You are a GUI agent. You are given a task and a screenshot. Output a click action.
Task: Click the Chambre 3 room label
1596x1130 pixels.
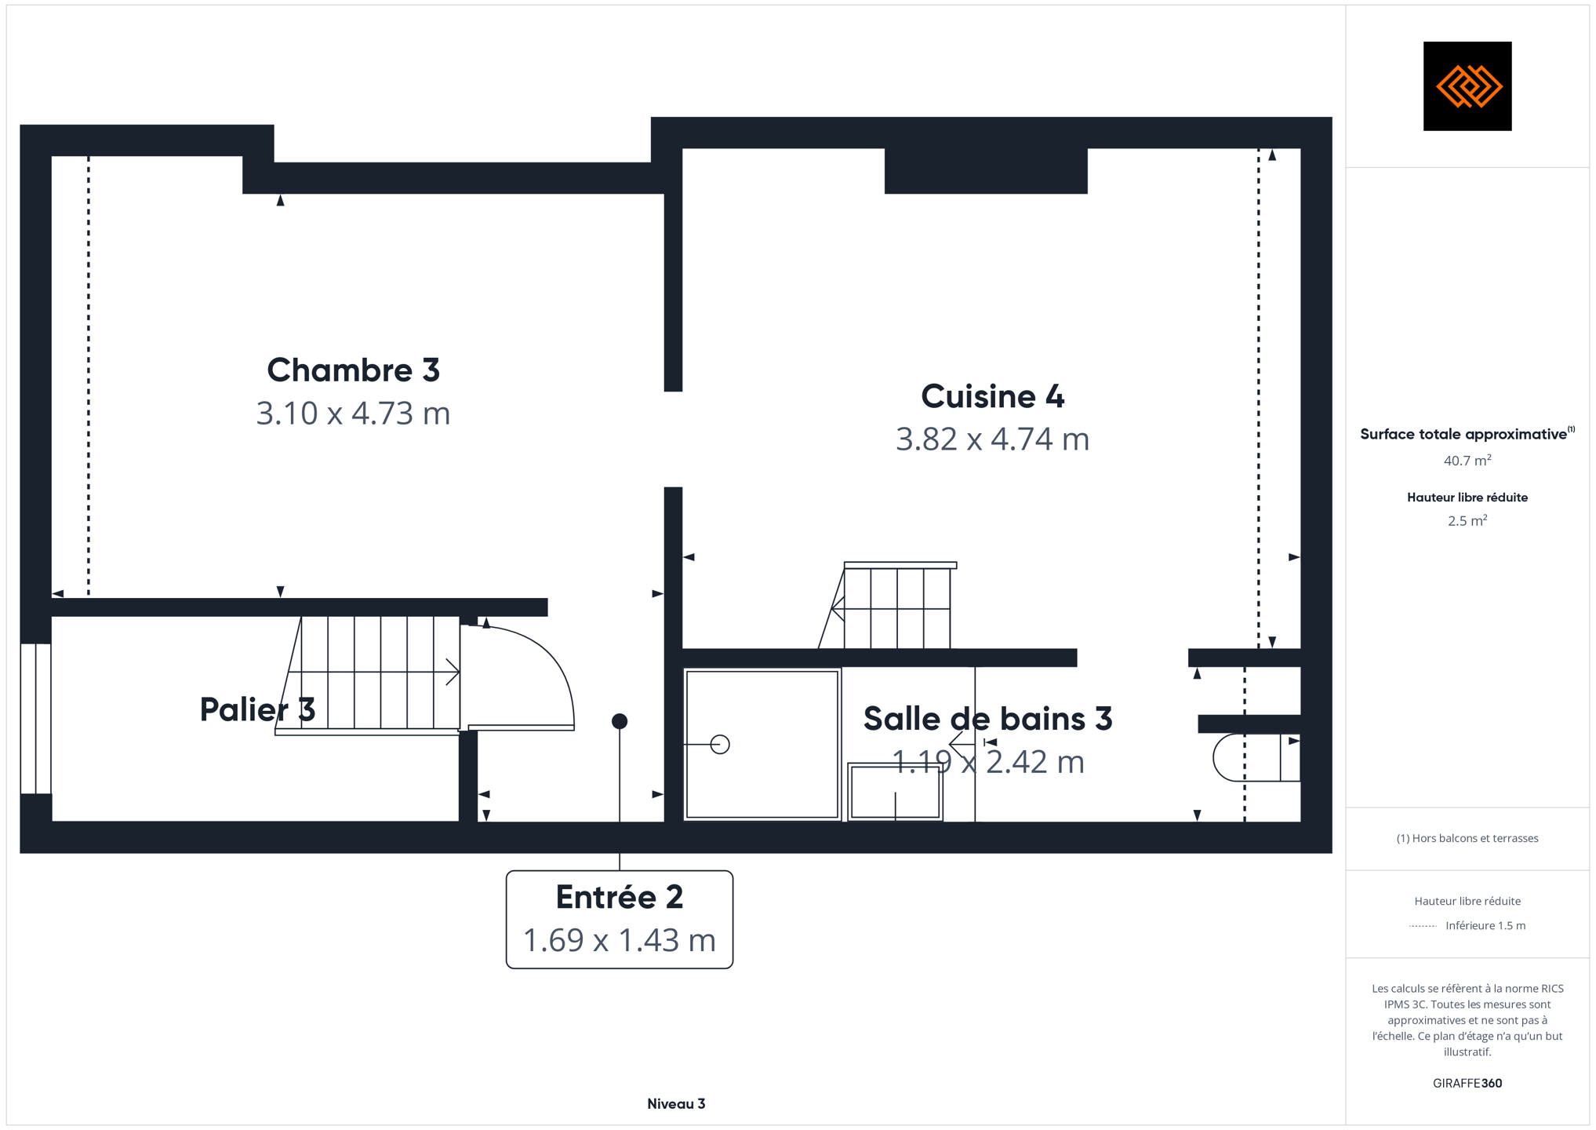point(353,370)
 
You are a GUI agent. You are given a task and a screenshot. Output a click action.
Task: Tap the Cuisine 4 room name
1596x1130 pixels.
point(992,396)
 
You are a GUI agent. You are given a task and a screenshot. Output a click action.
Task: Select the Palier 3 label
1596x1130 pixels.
point(257,709)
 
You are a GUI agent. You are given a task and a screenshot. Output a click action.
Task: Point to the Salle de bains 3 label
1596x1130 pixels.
point(987,719)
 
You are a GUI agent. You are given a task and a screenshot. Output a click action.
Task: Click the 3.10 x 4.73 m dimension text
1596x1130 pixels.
point(353,414)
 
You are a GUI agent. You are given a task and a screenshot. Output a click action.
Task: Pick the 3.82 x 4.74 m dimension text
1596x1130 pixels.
point(992,439)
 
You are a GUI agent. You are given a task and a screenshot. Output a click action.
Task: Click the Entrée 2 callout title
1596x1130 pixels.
point(620,897)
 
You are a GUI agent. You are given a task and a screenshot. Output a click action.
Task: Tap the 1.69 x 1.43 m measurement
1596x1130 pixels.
point(620,940)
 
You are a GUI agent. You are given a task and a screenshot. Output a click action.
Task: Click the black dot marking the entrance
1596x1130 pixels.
point(620,721)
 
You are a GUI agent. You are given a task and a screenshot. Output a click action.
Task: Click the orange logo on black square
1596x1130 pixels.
point(1467,86)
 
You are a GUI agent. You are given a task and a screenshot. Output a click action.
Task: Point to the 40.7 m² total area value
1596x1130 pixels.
point(1467,461)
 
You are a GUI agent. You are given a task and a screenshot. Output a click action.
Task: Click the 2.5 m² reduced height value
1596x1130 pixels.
point(1467,521)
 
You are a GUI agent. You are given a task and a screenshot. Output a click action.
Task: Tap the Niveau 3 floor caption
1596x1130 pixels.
point(676,1104)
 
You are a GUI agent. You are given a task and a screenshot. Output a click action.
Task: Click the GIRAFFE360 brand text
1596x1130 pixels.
point(1467,1084)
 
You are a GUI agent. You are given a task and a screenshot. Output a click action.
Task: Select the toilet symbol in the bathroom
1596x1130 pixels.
point(1256,757)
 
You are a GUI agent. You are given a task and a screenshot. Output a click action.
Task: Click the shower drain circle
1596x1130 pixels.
point(720,744)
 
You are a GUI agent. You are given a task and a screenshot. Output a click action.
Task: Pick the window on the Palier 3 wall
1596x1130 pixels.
point(36,719)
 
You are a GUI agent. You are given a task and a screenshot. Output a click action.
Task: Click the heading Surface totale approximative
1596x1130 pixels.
point(1463,435)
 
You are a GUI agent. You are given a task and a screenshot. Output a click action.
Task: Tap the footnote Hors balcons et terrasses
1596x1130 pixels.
point(1467,839)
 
